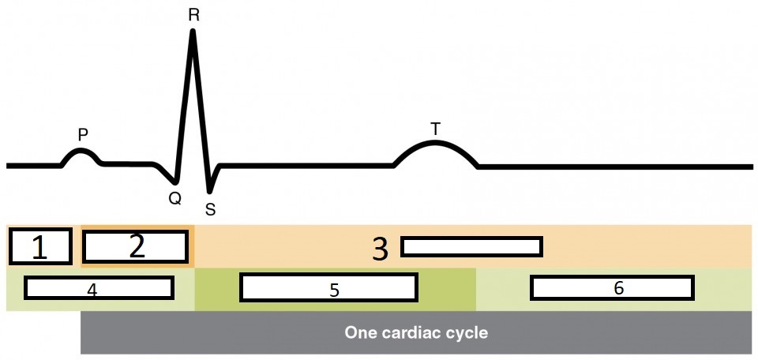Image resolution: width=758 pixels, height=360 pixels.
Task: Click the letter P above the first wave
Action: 82,135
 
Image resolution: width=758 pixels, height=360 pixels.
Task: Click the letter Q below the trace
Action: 174,199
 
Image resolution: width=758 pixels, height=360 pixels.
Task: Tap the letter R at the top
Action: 193,14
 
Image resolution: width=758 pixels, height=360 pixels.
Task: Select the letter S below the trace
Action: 210,210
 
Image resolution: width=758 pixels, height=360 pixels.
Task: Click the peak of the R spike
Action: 193,32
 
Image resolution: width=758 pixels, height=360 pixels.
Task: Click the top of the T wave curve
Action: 435,143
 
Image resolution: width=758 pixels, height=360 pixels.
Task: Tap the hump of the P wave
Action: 81,151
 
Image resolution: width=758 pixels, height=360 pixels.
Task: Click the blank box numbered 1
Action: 40,246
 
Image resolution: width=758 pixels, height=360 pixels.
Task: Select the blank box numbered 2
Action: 137,246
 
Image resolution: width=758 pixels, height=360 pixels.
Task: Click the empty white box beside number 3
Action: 471,246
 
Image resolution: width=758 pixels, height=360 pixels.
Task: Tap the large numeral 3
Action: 381,249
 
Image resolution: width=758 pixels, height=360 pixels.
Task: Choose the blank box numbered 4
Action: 99,288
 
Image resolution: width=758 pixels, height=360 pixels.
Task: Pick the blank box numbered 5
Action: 328,288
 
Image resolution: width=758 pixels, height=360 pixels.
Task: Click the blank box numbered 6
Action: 613,288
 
